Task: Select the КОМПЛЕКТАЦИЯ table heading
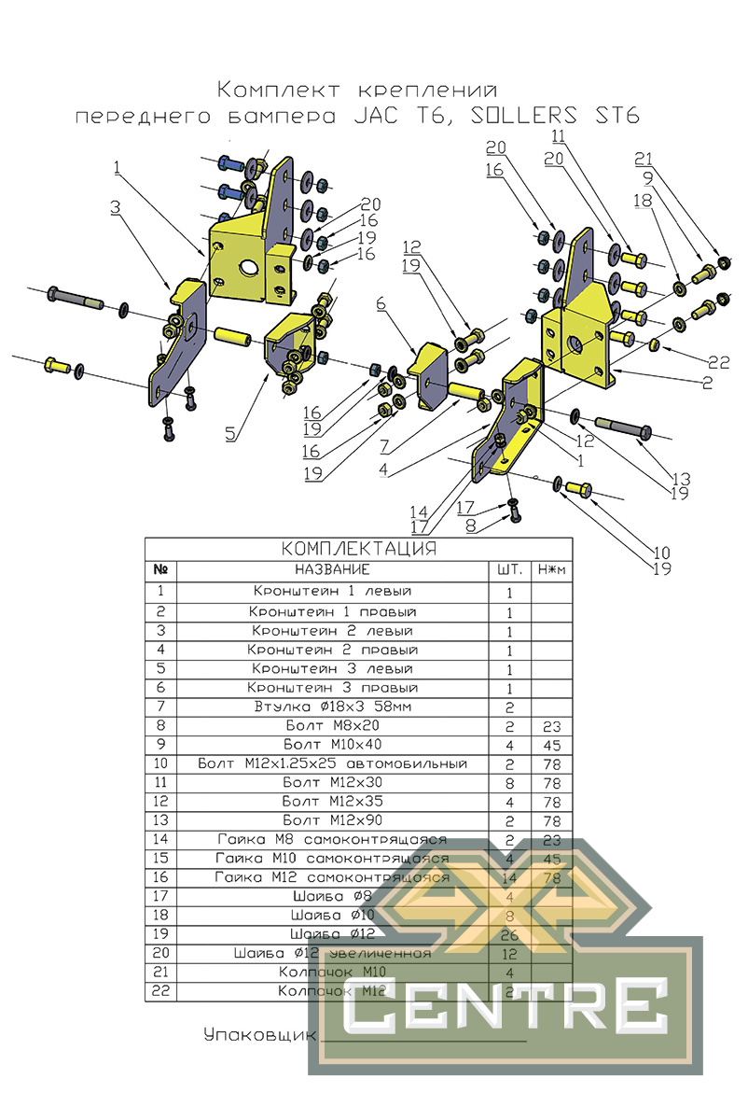pyautogui.click(x=359, y=548)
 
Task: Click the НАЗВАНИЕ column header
pyautogui.click(x=333, y=569)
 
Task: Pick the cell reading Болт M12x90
pyautogui.click(x=333, y=820)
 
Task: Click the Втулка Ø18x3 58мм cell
pyautogui.click(x=333, y=707)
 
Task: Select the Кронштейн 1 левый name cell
pyautogui.click(x=333, y=592)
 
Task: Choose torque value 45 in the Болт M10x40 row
pyautogui.click(x=550, y=745)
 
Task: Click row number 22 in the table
pyautogui.click(x=160, y=991)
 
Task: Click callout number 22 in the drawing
pyautogui.click(x=717, y=362)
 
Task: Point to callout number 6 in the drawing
pyautogui.click(x=381, y=305)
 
